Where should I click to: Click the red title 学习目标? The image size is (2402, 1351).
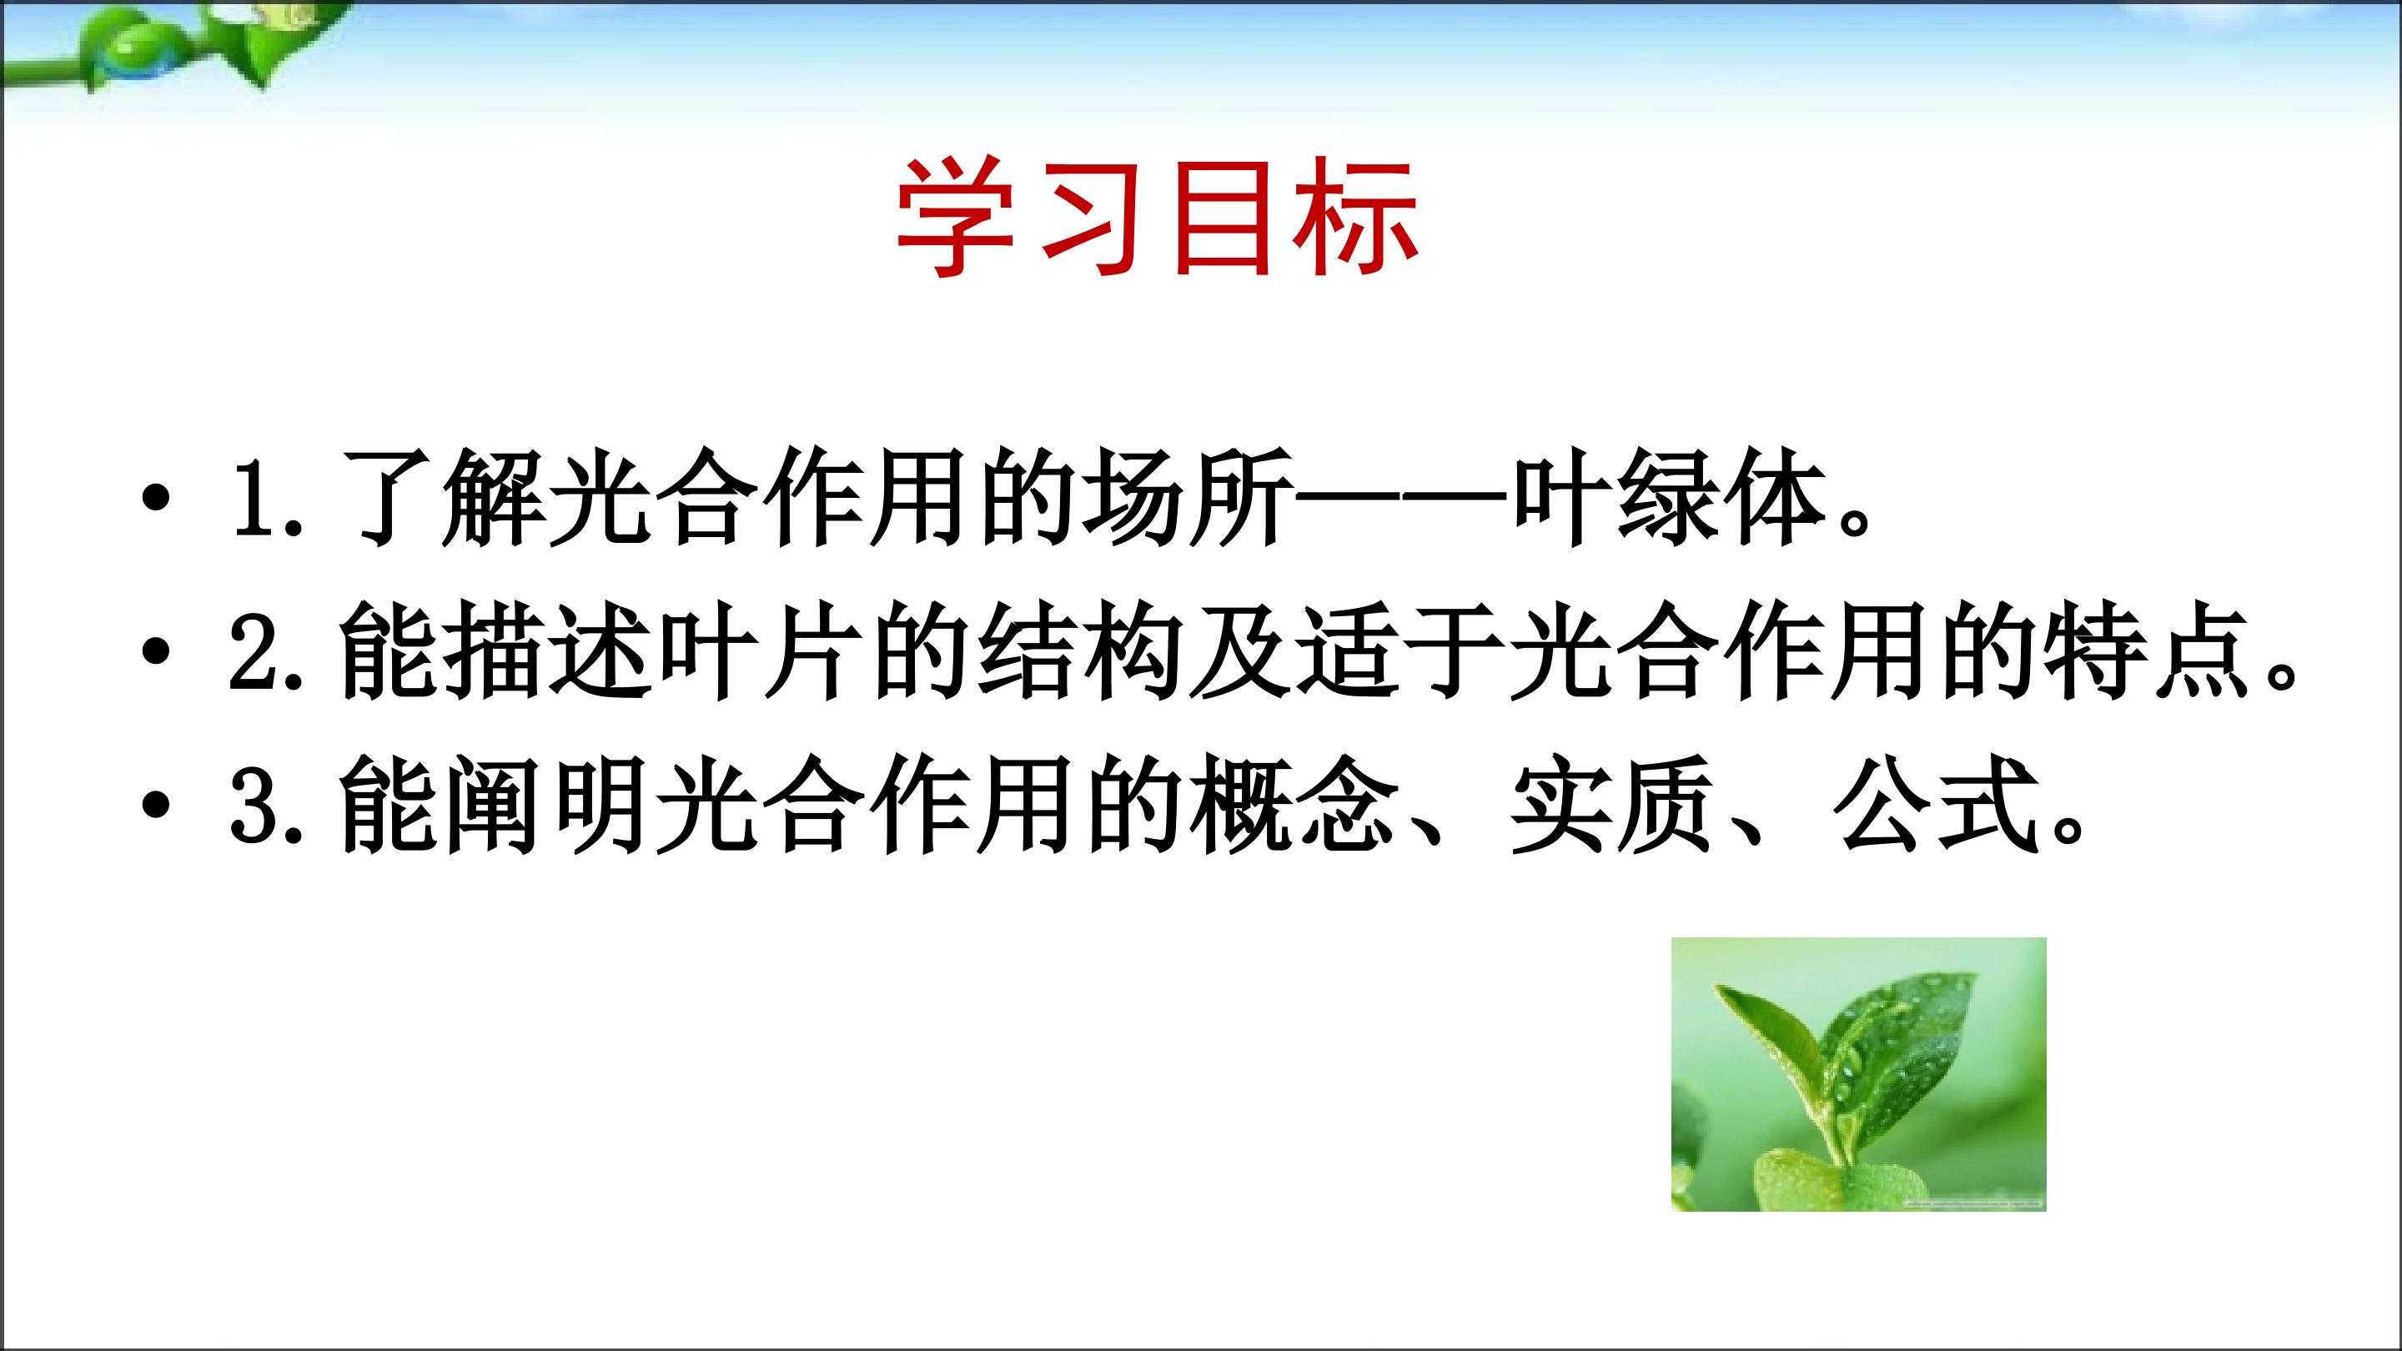point(1157,218)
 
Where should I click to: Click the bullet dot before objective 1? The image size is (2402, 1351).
point(157,497)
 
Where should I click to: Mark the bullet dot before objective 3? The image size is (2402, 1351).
point(157,805)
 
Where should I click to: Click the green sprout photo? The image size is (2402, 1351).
point(1858,1074)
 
